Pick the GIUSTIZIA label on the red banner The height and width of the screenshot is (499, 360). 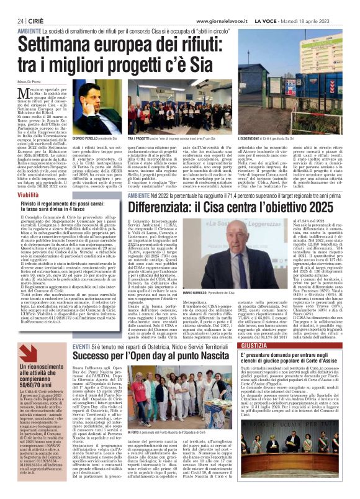[x=276, y=345]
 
